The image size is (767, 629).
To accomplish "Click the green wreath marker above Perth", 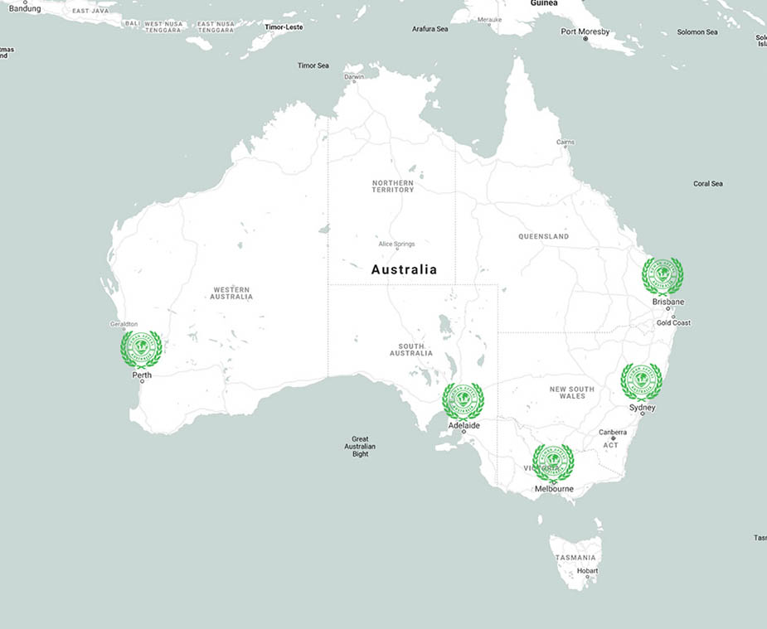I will coord(142,350).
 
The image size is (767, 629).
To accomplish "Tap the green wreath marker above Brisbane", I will coord(663,277).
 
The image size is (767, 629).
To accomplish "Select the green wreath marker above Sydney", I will coord(641,382).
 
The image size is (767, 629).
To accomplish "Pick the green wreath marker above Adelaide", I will coord(463,402).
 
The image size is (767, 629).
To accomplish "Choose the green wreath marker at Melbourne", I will coord(553,462).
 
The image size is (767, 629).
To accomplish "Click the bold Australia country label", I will coord(404,269).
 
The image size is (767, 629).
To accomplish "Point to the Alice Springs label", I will coord(396,244).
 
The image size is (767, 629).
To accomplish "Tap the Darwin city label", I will coord(354,77).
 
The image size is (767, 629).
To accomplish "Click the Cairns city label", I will coord(566,143).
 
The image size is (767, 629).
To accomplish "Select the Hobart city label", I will coord(587,571).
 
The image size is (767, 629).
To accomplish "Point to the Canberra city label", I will coord(613,433).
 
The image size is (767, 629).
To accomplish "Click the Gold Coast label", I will coord(673,323).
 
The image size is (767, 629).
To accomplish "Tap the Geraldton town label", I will coord(124,324).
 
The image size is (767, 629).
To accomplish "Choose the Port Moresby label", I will coord(585,31).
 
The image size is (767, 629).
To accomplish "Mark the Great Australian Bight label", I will coord(360,447).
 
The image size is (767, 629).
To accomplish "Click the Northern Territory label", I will coord(393,186).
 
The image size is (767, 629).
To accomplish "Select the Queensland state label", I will coord(544,237).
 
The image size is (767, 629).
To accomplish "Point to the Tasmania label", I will coord(575,558).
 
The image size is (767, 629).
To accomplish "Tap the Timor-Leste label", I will coord(284,27).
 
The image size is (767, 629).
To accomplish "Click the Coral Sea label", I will coord(708,184).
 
